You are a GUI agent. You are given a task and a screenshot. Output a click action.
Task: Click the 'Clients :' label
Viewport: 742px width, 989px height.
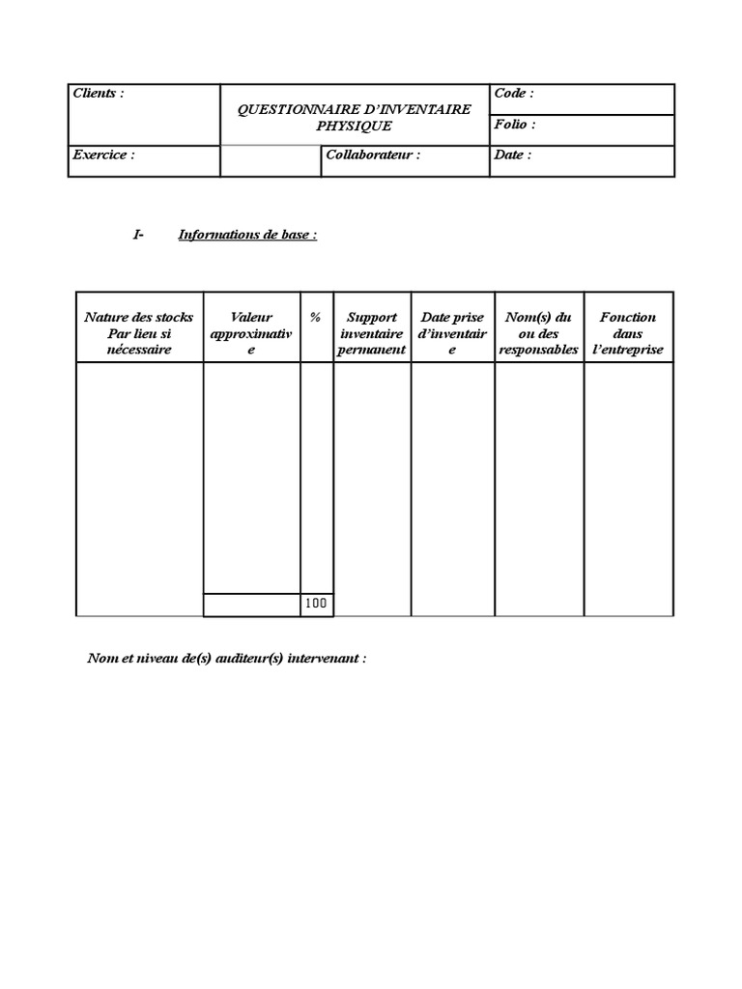(99, 94)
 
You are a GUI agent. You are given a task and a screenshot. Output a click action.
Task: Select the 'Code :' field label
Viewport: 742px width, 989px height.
(513, 94)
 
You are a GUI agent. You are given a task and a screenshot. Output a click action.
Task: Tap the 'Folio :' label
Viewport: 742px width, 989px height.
(514, 125)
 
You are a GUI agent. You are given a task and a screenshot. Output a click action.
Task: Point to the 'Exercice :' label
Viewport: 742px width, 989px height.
(104, 155)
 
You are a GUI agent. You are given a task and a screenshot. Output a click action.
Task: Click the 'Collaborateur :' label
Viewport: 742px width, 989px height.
(373, 155)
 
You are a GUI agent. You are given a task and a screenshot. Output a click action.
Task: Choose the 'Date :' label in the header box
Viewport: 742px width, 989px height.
(512, 155)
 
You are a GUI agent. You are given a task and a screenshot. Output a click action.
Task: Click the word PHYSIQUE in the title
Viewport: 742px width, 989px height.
(355, 126)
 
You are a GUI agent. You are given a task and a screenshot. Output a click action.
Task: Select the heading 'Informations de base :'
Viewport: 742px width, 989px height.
(247, 235)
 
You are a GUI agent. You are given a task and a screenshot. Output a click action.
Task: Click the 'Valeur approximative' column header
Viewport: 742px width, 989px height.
(251, 332)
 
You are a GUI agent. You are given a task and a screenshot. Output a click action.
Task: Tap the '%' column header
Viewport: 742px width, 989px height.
(316, 317)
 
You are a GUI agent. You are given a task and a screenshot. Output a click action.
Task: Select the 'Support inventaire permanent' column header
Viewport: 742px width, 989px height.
(372, 332)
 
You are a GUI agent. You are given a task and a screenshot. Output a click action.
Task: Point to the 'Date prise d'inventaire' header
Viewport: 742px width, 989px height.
(452, 332)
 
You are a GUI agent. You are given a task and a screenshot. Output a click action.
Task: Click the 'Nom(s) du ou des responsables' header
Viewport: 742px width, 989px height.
(538, 332)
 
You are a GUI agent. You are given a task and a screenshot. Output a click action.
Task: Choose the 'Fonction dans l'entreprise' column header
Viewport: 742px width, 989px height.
(628, 332)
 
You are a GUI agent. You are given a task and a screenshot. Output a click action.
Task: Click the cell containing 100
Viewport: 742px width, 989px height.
(316, 604)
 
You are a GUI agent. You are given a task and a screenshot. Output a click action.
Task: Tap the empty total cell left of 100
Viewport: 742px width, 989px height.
(251, 604)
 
